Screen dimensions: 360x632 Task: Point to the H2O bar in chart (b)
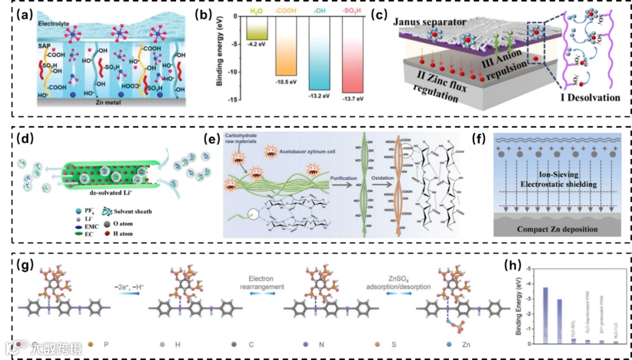[x=257, y=28]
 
